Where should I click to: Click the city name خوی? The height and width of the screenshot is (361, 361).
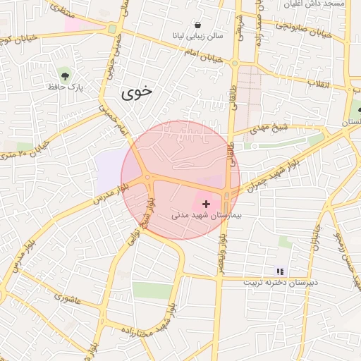click(137, 92)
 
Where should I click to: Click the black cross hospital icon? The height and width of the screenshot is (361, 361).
click(206, 203)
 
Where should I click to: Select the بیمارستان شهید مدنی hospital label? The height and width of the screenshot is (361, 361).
click(207, 214)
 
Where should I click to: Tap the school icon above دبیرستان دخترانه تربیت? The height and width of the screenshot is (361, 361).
click(280, 271)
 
